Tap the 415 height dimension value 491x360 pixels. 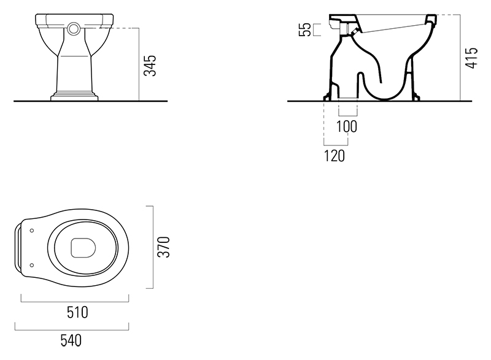coord(471,57)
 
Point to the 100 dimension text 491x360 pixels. coord(347,126)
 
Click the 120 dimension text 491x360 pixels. coord(334,156)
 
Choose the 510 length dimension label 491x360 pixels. coord(76,312)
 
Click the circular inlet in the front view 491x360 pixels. coord(74,28)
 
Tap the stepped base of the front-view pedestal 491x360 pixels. coord(74,96)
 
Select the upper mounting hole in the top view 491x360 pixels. coord(31,231)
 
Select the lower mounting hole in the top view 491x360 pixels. coord(31,265)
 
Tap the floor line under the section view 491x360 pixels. coord(381,100)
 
